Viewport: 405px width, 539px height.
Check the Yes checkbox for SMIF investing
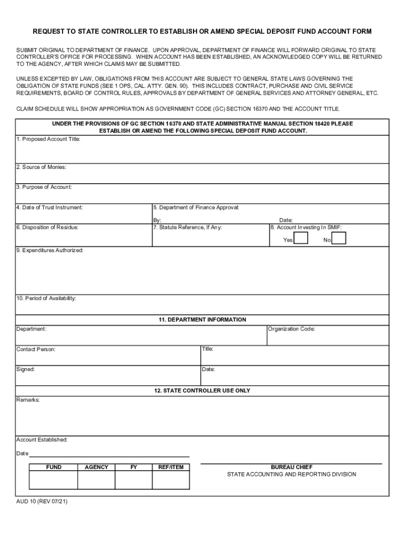pos(301,239)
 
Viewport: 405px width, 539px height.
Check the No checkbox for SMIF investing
pos(339,239)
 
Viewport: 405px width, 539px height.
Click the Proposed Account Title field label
pos(48,139)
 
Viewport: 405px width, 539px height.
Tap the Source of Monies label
pos(41,167)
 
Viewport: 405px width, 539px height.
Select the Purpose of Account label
pos(44,187)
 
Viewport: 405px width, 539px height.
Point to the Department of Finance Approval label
pos(196,207)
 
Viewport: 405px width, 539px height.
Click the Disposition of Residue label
pos(47,227)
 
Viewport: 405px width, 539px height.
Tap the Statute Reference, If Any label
pos(188,227)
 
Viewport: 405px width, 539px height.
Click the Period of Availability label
pos(46,298)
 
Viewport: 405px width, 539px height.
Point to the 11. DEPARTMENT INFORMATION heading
pos(202,320)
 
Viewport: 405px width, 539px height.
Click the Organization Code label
pos(291,329)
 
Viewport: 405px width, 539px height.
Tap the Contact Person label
pos(36,350)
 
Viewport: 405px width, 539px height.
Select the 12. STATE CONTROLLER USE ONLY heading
pos(202,391)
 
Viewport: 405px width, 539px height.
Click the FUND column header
pos(54,467)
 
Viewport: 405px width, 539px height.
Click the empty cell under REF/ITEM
pos(171,480)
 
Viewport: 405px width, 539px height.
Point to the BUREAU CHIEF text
pos(291,467)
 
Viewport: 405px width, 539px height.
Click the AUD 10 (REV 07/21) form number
pos(42,502)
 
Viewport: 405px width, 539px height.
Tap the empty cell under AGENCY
pos(96,480)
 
